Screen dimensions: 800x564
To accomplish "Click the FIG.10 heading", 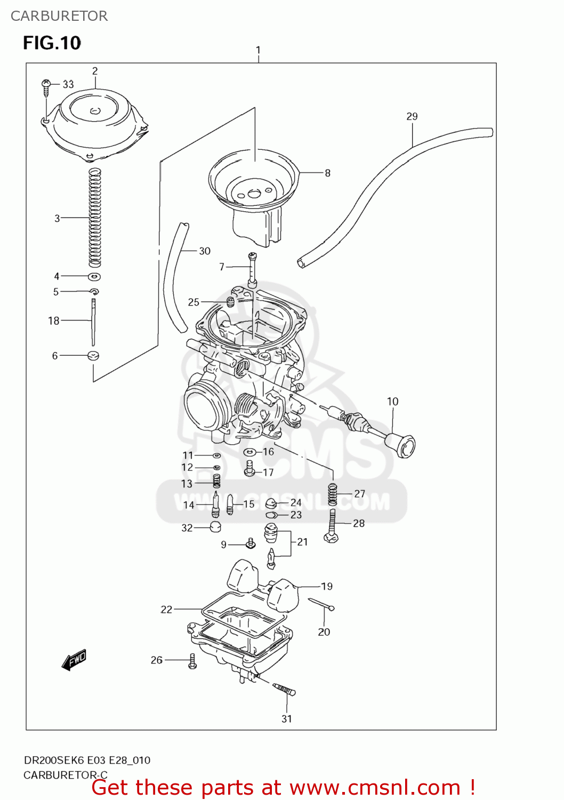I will [x=52, y=43].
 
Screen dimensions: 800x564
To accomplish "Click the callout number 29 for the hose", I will [x=412, y=116].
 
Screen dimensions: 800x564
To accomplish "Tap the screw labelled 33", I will [x=46, y=87].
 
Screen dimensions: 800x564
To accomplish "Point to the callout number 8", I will [x=327, y=173].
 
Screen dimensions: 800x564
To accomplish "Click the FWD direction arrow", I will [x=74, y=660].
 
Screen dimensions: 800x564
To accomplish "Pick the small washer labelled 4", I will [x=94, y=276].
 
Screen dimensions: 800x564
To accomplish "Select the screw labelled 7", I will [x=252, y=270].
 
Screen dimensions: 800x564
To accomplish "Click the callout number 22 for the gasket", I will [x=166, y=609].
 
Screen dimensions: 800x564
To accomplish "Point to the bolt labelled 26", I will [x=192, y=661].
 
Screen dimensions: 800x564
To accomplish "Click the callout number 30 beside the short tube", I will [x=205, y=251].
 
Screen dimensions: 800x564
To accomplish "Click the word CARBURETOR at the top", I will [x=59, y=16].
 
